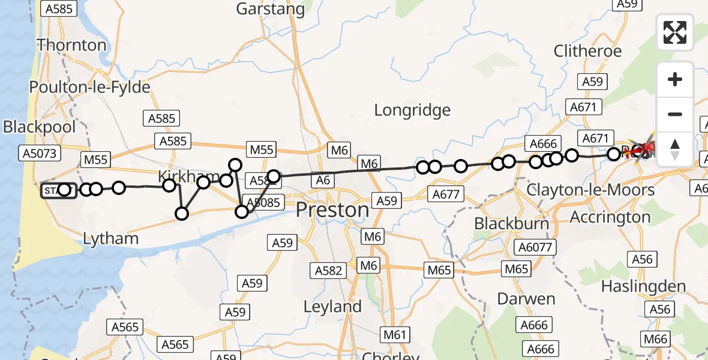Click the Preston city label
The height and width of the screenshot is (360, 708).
coord(333,210)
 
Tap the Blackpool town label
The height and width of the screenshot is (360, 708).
coord(40,127)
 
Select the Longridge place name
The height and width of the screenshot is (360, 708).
coord(412,110)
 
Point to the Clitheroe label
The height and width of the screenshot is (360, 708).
coord(587,51)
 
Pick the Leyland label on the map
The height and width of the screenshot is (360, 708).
coord(332,307)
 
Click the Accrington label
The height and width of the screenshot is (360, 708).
coord(611,217)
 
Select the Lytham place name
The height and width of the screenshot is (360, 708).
coord(110,238)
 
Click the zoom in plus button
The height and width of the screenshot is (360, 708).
coord(675,79)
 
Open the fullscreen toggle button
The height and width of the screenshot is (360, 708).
coord(675,32)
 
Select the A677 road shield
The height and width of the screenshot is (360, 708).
coord(445,194)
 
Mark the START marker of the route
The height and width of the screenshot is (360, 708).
coord(58,191)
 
